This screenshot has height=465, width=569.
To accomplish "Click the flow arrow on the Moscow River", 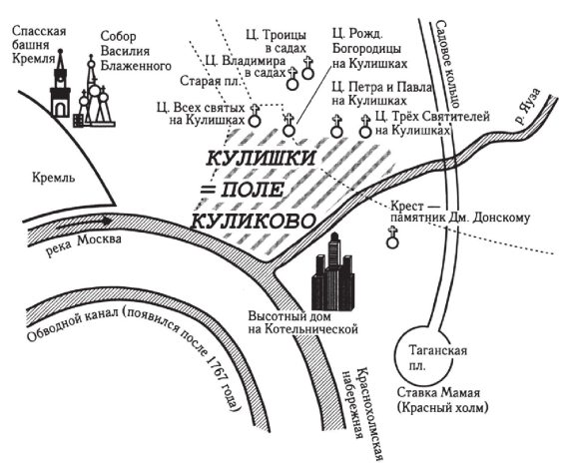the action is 84,223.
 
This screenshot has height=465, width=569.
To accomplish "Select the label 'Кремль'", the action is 54,178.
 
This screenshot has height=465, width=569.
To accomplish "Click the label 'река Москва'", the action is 84,244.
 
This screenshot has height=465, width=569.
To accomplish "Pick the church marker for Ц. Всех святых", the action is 255,116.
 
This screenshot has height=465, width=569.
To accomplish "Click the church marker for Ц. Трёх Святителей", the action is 365,126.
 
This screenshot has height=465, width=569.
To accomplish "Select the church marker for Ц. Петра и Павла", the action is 336,126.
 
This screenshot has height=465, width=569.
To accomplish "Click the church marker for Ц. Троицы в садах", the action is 308,68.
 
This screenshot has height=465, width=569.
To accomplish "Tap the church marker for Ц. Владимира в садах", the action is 292,79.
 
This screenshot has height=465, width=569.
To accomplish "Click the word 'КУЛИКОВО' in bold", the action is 253,221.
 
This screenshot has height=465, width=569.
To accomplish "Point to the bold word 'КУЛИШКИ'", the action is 261,158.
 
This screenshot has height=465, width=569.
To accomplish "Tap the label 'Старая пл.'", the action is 211,81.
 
